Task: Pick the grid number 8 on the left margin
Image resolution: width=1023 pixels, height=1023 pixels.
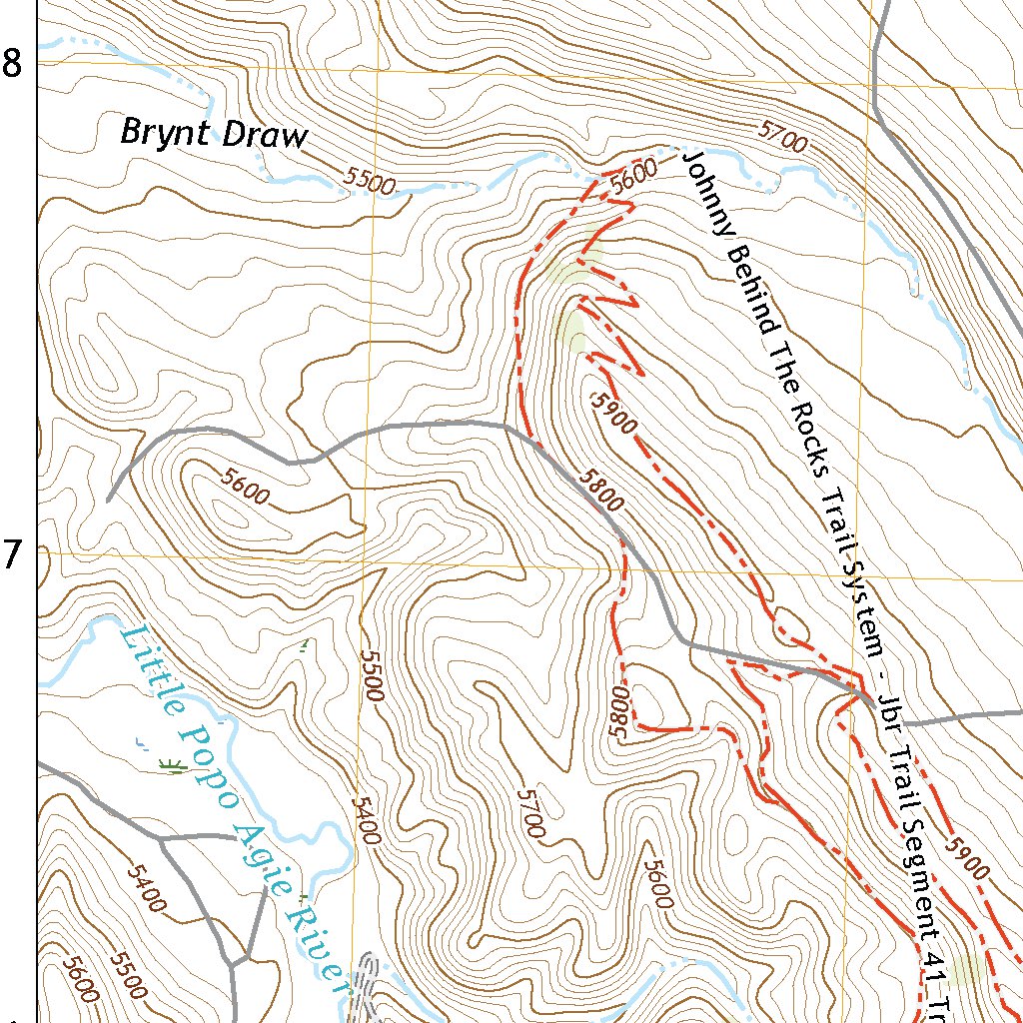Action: pyautogui.click(x=12, y=65)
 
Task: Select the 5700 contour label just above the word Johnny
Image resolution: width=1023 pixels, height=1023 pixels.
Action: pyautogui.click(x=782, y=138)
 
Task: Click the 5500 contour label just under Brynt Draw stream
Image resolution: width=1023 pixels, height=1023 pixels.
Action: pyautogui.click(x=370, y=180)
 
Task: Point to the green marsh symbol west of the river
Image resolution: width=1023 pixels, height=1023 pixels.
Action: pyautogui.click(x=172, y=765)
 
